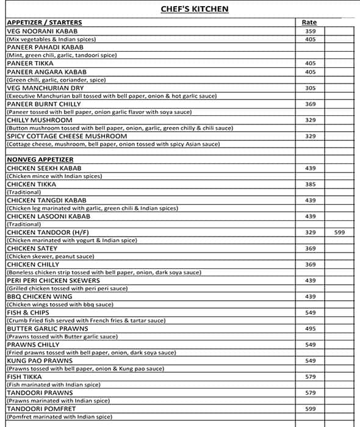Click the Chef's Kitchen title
186,9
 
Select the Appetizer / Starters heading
44,23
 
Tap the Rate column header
309,23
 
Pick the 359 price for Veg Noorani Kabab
310,31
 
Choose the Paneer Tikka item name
30,63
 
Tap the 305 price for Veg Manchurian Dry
310,88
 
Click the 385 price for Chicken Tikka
310,184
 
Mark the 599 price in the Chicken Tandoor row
339,232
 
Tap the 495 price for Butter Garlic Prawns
310,329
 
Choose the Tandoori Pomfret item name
40,409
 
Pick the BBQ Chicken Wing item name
39,296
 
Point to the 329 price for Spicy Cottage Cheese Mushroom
310,136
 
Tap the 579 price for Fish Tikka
310,377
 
